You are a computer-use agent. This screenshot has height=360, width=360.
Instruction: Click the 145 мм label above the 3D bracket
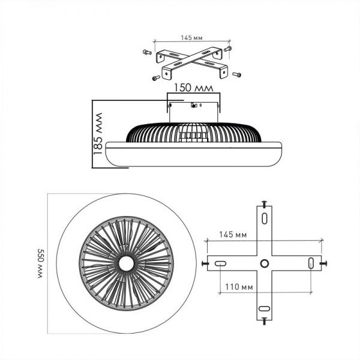[x=190, y=38]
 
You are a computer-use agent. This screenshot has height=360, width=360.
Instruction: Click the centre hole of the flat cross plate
[x=264, y=263]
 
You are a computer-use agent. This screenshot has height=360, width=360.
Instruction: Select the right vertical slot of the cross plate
[x=310, y=263]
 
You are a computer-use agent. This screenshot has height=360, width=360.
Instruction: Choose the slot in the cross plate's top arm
[x=264, y=218]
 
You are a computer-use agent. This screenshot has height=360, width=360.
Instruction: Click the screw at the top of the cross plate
[x=264, y=204]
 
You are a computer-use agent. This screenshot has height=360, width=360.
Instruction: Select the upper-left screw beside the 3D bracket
[x=147, y=52]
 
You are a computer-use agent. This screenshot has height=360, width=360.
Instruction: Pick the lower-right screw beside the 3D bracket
[x=236, y=74]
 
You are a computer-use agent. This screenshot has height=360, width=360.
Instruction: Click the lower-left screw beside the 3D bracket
[x=156, y=78]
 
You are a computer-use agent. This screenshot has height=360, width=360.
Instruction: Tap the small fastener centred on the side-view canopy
[x=193, y=106]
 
